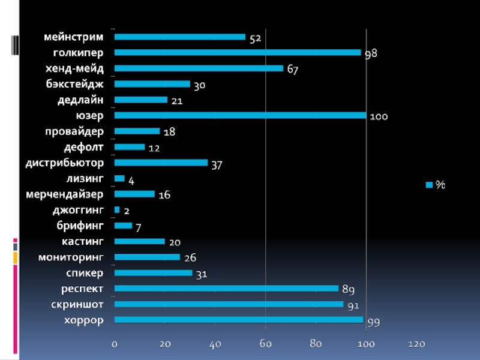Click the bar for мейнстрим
179,37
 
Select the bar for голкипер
237,53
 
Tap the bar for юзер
240,115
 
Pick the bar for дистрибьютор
161,163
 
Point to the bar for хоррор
239,320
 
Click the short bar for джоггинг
117,210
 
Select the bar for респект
226,289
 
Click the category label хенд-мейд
74,68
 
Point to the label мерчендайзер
65,194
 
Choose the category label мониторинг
71,257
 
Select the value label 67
292,70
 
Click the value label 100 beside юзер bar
379,117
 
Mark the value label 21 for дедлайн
176,101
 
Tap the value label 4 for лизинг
131,179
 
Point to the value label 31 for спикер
202,274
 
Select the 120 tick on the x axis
416,344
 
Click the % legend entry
436,185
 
